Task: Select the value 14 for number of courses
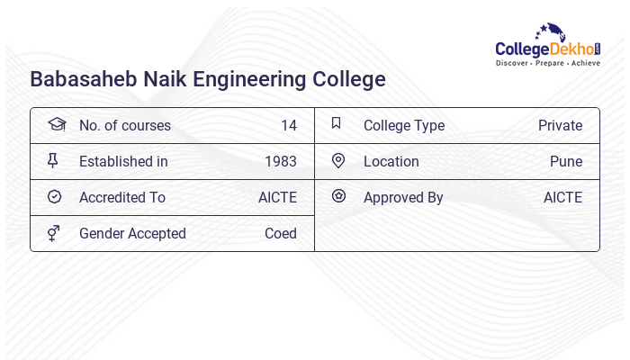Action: pos(288,125)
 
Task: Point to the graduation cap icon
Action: pos(56,124)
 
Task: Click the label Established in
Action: pos(123,161)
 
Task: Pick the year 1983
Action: pos(281,161)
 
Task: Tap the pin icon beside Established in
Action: pos(53,160)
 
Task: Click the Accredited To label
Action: pos(122,197)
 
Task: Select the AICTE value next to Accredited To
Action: pos(277,197)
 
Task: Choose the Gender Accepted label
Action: pos(132,233)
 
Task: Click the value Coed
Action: pos(281,233)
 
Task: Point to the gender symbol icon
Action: pos(54,233)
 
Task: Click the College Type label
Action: pos(404,125)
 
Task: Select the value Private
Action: pos(560,125)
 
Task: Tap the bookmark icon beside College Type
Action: pos(336,123)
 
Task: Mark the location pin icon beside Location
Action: pos(338,160)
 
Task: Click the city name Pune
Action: pos(566,161)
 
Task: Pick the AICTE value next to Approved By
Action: pos(562,197)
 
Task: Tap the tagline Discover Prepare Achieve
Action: pos(547,64)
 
